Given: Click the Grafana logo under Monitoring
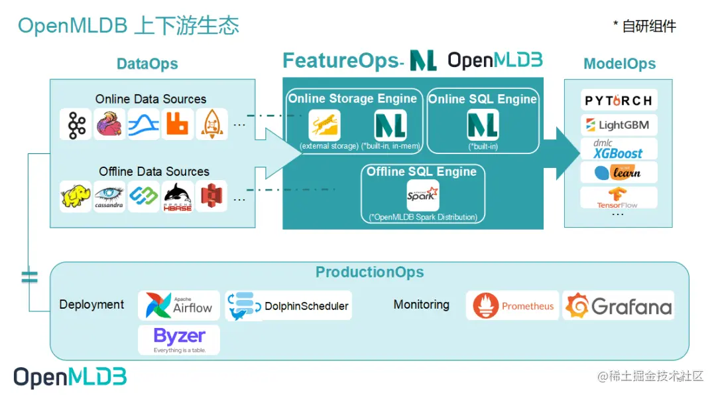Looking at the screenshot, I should coord(619,305).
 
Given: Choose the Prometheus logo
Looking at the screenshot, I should coord(513,306).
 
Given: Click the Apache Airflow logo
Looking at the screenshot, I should coord(179,305).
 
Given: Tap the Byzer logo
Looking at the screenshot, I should coord(179,339).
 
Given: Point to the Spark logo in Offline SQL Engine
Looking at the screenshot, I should coord(422,195).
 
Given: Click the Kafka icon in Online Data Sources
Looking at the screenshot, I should coord(76,124).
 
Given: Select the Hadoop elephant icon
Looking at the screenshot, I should coord(76,197).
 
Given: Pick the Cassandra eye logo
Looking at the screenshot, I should coord(109,197).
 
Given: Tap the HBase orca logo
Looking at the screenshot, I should coord(178,197).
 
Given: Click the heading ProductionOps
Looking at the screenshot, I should coord(369,272).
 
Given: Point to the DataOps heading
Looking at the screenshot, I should coord(147,64).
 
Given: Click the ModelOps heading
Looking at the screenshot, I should coord(619,64).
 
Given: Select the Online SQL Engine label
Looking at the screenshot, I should coord(482,99).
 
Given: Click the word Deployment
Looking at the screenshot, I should coord(91,305).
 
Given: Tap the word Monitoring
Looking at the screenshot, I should coord(421,305).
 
